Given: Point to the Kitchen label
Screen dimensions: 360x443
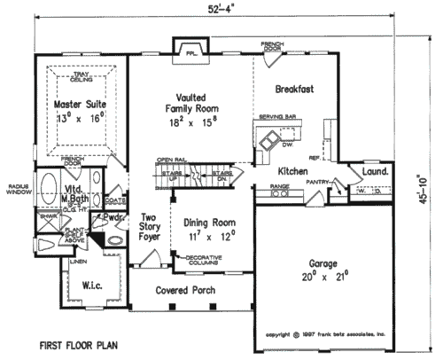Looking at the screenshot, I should [292, 169].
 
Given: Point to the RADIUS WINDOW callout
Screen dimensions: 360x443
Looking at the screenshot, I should [18, 190].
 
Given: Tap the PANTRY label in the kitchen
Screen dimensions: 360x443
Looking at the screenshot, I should [317, 180].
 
